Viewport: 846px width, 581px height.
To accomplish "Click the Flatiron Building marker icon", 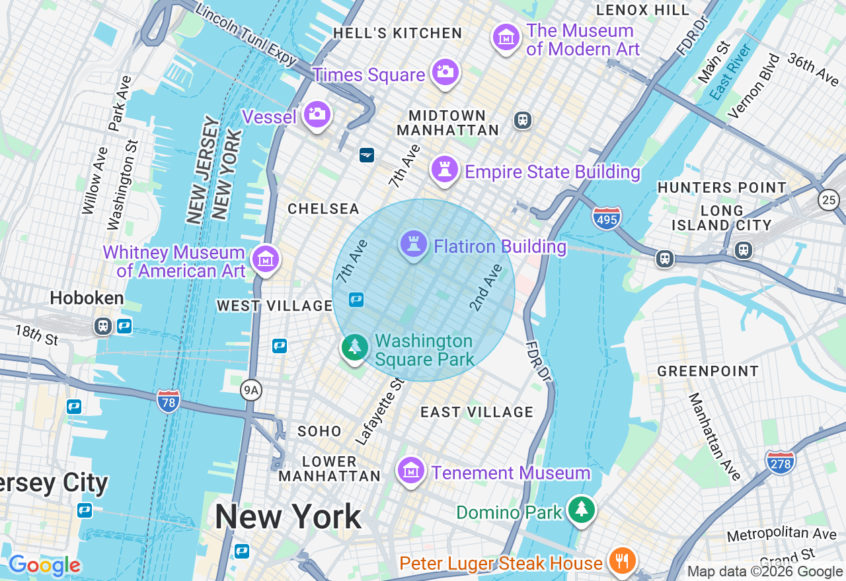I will (x=414, y=244).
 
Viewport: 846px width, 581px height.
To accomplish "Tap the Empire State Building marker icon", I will (x=445, y=170).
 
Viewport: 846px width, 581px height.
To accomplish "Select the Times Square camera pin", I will (x=445, y=72).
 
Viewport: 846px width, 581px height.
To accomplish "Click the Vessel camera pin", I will (x=317, y=114).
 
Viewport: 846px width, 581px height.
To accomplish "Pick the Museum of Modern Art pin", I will (x=506, y=37).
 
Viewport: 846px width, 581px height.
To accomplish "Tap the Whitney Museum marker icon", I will (x=266, y=259).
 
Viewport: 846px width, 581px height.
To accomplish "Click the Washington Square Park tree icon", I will (x=355, y=347).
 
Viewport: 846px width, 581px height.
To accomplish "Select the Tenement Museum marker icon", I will (x=411, y=471).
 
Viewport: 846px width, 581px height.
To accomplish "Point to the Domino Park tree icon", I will (x=582, y=509).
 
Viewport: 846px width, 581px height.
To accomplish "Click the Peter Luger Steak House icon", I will (x=621, y=561).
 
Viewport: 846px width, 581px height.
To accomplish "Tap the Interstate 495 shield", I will (x=606, y=217).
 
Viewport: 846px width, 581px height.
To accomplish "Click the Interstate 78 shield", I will (x=169, y=401).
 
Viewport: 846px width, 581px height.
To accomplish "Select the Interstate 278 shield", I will (x=780, y=461).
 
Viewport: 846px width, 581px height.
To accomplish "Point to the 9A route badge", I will (x=251, y=391).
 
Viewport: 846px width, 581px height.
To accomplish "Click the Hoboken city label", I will (x=87, y=298).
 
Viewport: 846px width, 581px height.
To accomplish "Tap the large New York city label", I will (x=288, y=516).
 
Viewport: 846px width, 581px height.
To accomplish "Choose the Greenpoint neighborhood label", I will (x=707, y=371).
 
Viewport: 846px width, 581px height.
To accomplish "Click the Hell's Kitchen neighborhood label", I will (x=397, y=33).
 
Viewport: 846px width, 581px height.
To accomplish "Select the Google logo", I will (x=44, y=565).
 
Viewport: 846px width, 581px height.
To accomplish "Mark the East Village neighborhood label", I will (x=477, y=412).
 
